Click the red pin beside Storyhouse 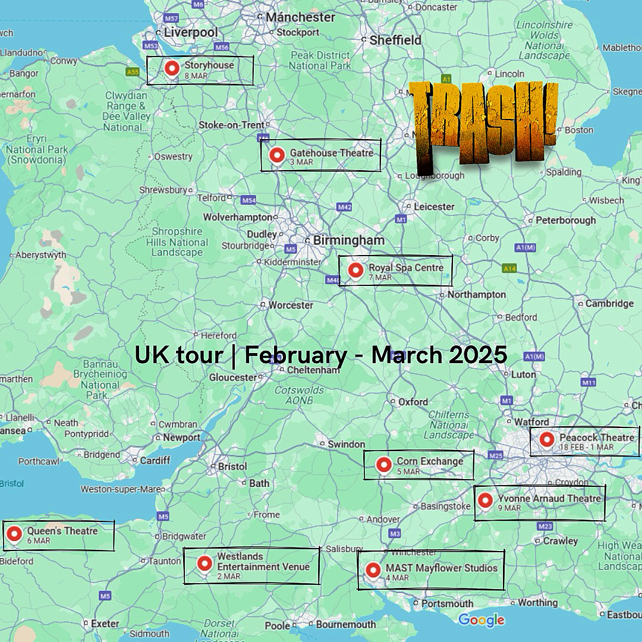point(172,68)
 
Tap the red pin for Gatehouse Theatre point(276,156)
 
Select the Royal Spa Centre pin point(355,270)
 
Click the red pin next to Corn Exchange point(384,464)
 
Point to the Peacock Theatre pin point(547,440)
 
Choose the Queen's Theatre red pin point(14,534)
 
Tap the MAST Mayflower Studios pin point(373,570)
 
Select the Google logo point(481,620)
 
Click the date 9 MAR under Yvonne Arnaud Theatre point(509,508)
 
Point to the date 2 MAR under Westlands point(228,577)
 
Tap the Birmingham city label point(348,240)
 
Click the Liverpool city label point(191,32)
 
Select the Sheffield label point(395,40)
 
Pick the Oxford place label point(413,402)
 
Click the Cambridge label point(609,303)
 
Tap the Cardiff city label point(155,460)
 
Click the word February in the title point(295,355)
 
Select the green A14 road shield point(509,269)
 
